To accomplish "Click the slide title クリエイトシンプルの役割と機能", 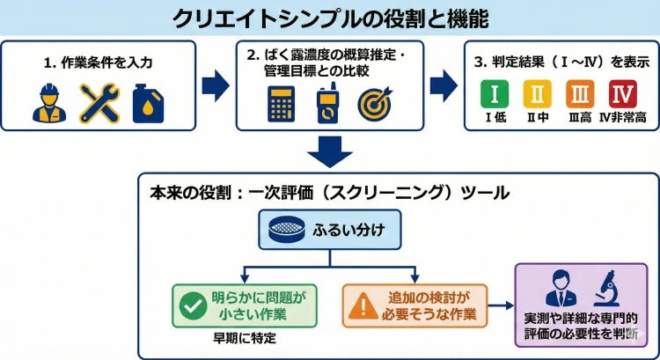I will (x=329, y=18).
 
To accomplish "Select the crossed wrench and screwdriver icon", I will (x=99, y=103).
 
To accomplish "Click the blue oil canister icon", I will (x=147, y=103).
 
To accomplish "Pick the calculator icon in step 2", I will (x=281, y=105).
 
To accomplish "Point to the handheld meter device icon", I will (x=327, y=105).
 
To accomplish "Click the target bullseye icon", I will (x=373, y=104).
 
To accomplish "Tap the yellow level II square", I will (x=537, y=93).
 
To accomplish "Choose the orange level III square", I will (x=579, y=93).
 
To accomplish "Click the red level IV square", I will (x=622, y=93).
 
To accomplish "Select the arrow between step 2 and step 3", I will (x=443, y=84).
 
